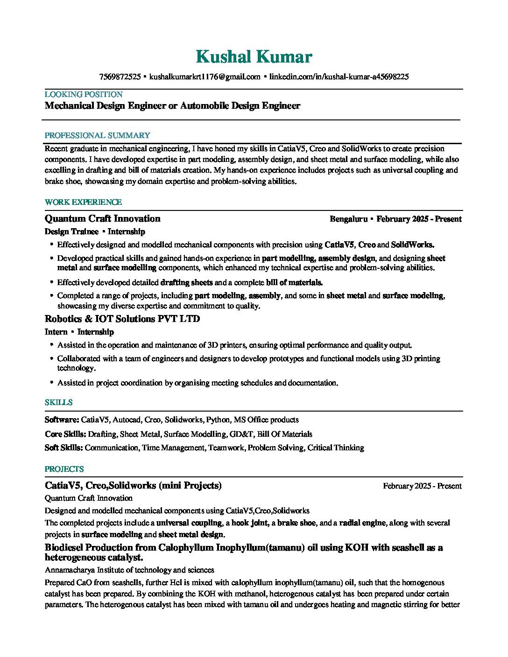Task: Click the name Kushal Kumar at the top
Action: coord(254,57)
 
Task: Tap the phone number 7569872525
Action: coord(120,77)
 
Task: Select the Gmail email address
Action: coord(205,77)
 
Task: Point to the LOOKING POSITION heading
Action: coord(84,94)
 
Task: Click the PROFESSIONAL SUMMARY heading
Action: coord(97,135)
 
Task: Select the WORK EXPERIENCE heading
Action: coord(83,202)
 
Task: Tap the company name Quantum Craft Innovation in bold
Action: coord(102,219)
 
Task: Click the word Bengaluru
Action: coord(348,219)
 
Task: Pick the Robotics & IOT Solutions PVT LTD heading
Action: coord(122,319)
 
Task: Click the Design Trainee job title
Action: coord(71,231)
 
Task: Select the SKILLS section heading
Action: coord(58,402)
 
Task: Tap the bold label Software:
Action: coord(62,419)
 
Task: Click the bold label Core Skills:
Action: coord(65,434)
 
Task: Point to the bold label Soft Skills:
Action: coord(64,447)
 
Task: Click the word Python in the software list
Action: coord(218,419)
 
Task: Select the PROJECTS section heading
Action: coord(64,469)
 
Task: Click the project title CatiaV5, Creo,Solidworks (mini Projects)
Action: coord(133,486)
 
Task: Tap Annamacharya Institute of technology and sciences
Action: coord(129,570)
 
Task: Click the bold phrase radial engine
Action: coord(362,523)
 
